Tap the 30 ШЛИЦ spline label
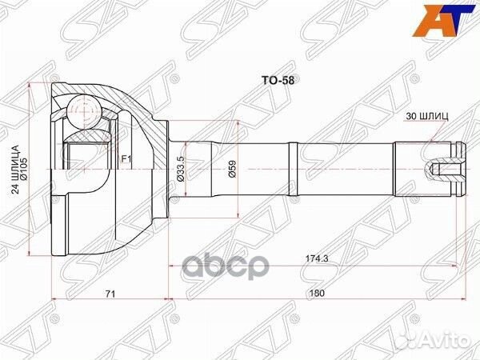coord(427,116)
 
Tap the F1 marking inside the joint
coord(125,161)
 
